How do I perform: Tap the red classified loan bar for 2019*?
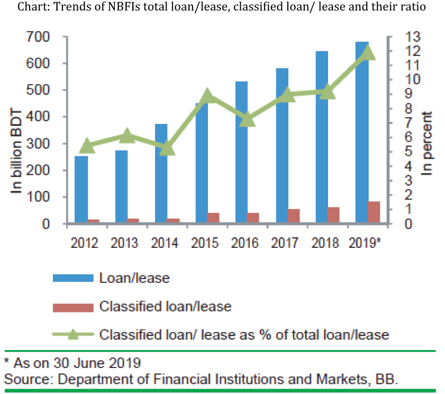[x=374, y=212]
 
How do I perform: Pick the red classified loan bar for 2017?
[x=293, y=216]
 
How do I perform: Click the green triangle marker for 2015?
[x=208, y=95]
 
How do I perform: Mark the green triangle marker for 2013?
[x=127, y=136]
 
